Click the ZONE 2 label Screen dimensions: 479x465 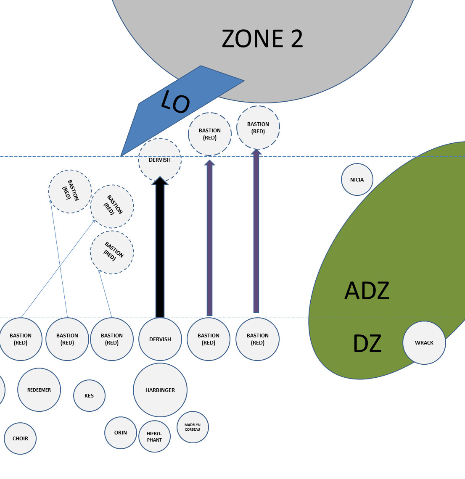coord(262,39)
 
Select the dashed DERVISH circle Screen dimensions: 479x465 coord(160,160)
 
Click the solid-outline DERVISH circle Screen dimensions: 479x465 coord(160,339)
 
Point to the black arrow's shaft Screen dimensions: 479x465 coord(160,252)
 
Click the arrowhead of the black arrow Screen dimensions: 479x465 coord(160,181)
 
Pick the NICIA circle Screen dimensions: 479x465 coord(357,179)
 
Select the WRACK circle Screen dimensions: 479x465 coord(424,342)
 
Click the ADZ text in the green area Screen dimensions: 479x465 coord(367,291)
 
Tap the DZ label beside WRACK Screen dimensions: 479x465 coord(367,343)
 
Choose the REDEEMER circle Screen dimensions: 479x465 coord(39,390)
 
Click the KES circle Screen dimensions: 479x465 coord(89,395)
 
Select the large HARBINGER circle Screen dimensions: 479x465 coord(160,390)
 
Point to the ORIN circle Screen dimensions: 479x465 coord(121,432)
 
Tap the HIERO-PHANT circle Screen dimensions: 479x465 coord(154,437)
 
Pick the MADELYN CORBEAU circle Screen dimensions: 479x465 coord(193,427)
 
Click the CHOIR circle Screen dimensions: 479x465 coord(20,438)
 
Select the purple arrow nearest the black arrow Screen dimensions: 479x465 coord(209,239)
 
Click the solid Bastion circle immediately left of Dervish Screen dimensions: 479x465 coord(112,339)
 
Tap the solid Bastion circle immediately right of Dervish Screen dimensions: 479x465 coord(209,339)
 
